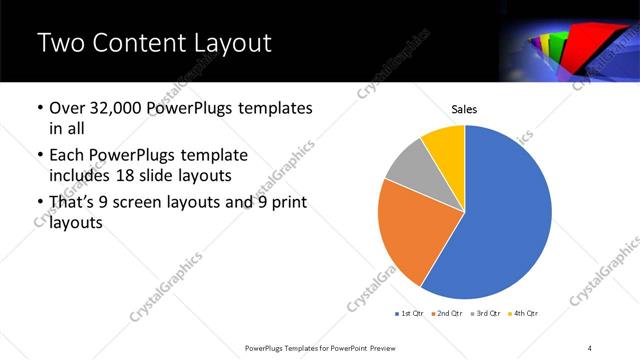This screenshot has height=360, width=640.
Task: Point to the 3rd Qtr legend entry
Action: (x=485, y=314)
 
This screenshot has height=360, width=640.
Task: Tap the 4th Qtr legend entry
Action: (x=524, y=314)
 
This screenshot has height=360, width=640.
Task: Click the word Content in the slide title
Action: (x=135, y=43)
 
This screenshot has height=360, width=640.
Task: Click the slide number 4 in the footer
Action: (x=589, y=347)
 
